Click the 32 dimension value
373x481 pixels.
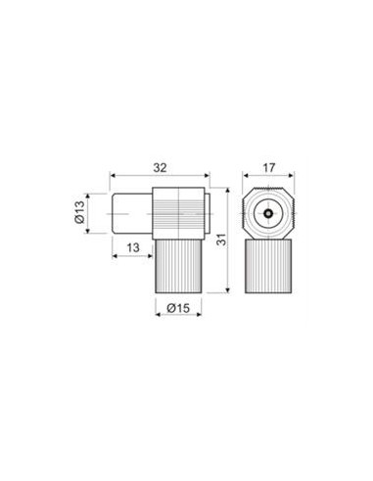pos(160,168)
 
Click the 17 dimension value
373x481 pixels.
pos(269,168)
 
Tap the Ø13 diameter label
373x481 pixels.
pos(79,212)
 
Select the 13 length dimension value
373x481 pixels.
pos(133,247)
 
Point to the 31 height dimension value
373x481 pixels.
pos(222,240)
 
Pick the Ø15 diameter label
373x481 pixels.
pos(178,308)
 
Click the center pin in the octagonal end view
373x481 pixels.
pos(268,213)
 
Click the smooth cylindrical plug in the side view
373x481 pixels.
pos(132,213)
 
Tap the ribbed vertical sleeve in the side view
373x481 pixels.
pos(178,266)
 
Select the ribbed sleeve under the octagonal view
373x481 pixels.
pos(268,266)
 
